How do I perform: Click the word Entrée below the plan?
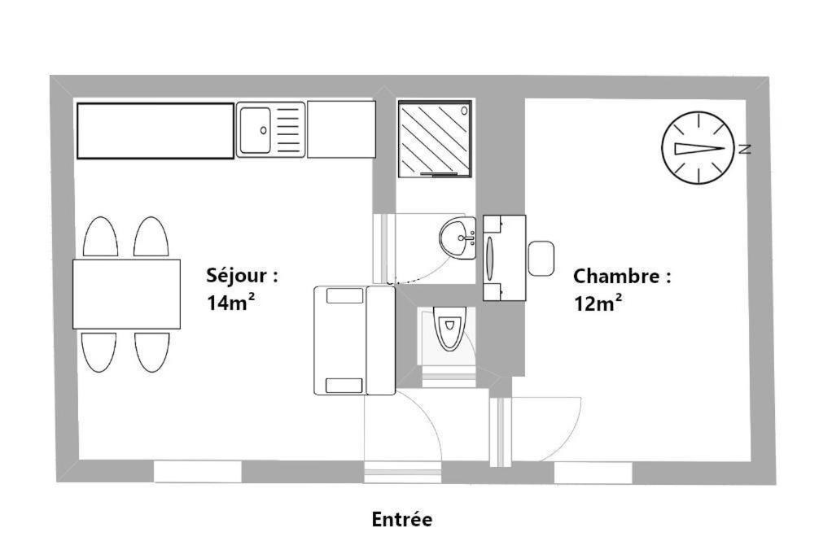coord(401,519)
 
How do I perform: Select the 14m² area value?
coord(230,302)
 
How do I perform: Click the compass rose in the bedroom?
coord(698,148)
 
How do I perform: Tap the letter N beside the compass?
coord(745,149)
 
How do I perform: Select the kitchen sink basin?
coord(255,130)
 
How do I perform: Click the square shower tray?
coord(435,138)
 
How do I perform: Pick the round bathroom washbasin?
coord(457,238)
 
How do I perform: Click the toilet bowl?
coord(450,329)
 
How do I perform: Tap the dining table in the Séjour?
coord(126,294)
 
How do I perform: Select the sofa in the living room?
coord(354,340)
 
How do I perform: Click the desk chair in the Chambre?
coord(541,258)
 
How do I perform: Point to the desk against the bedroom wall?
coord(504,258)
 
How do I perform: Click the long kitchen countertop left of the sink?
coord(155,131)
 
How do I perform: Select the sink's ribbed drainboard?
coord(288,130)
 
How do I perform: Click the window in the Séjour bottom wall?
coord(197,472)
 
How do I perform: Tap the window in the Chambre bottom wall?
coord(593,473)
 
